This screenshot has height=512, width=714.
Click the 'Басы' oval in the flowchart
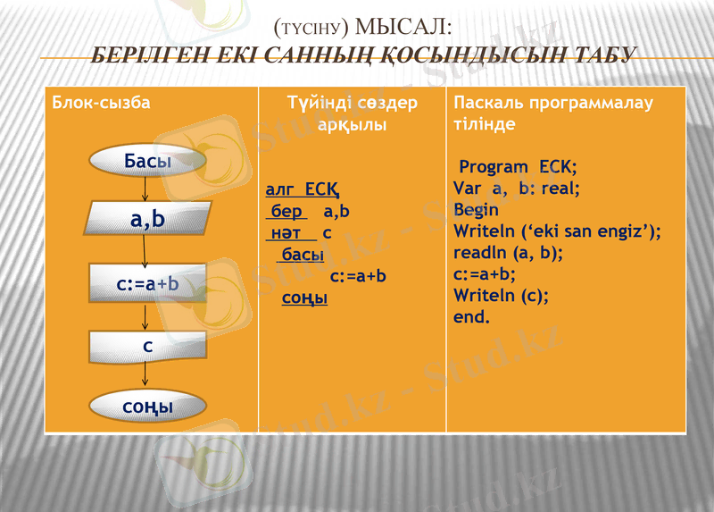[147, 162]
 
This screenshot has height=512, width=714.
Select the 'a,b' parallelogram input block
[147, 220]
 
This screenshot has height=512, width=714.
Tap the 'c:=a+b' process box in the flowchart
[147, 284]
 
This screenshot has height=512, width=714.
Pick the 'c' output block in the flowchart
[147, 345]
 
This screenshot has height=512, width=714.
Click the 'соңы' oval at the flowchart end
[147, 407]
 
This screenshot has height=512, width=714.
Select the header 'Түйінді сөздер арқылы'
[353, 113]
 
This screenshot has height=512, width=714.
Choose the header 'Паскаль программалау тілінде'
[553, 113]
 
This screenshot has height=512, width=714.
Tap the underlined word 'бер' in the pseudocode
[286, 212]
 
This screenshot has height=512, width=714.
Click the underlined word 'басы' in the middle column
[302, 255]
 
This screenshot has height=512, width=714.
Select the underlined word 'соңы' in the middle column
[304, 298]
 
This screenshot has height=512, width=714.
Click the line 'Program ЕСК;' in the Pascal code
[518, 167]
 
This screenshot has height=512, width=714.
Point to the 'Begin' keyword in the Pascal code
[477, 209]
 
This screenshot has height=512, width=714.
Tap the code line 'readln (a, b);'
[508, 252]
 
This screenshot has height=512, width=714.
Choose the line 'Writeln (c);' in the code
[501, 295]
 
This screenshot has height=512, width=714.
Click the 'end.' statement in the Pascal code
[471, 316]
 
